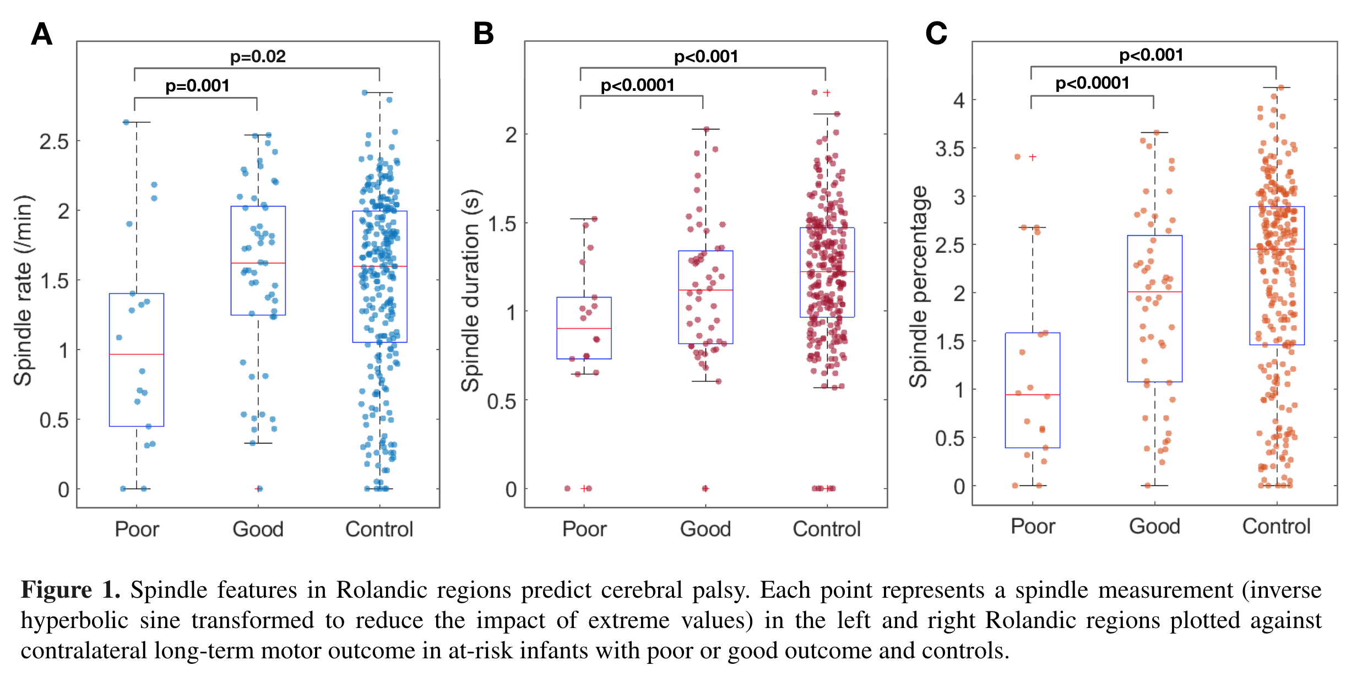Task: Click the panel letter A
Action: [42, 34]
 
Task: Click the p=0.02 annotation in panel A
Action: [258, 56]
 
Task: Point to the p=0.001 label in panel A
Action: [197, 85]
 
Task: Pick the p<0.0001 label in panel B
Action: [637, 85]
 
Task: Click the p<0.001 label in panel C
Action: [1151, 55]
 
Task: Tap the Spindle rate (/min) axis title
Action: [23, 290]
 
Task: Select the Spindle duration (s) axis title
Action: [471, 290]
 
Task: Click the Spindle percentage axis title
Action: [919, 286]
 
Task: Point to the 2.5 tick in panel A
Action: [54, 142]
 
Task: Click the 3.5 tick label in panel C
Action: [950, 149]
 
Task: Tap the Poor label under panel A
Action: [137, 529]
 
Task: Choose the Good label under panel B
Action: [705, 529]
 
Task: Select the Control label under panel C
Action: [1276, 526]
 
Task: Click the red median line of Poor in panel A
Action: [137, 354]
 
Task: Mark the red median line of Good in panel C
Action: [1154, 291]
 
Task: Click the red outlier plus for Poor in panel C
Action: [1033, 157]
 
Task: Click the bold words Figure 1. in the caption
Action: [70, 589]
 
